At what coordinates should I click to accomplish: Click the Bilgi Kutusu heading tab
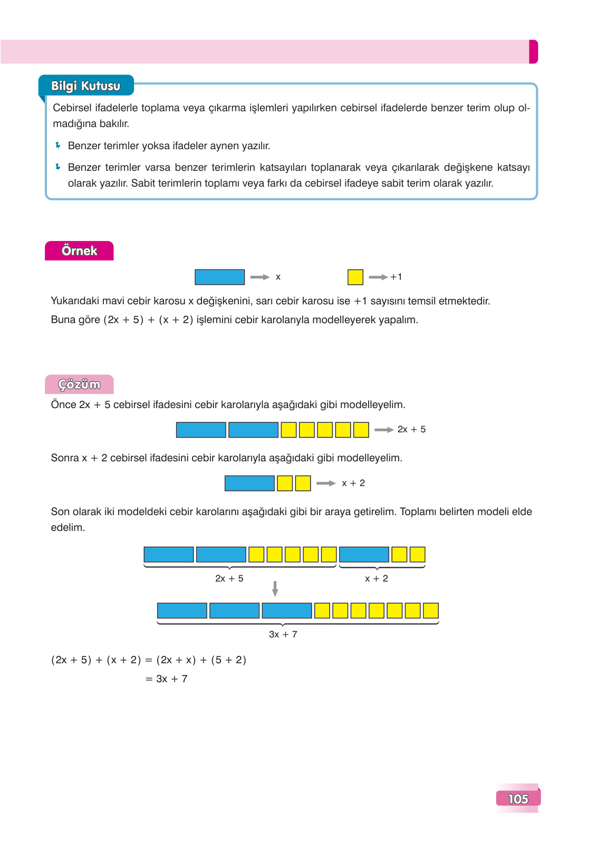(x=86, y=86)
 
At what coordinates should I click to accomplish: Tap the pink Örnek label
(x=79, y=251)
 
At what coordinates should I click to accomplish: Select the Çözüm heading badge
(x=79, y=384)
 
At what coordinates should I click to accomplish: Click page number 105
(x=518, y=799)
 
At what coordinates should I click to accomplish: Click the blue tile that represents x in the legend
(x=219, y=277)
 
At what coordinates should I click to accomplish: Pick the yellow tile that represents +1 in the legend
(x=355, y=277)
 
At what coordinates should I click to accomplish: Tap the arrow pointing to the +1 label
(x=378, y=277)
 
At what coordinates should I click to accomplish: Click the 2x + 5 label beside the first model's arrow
(x=411, y=430)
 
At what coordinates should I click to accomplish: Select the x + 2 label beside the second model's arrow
(x=353, y=483)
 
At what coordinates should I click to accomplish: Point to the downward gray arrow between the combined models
(x=275, y=588)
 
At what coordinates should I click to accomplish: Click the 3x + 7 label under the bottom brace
(x=283, y=634)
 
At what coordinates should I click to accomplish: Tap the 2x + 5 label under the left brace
(x=229, y=578)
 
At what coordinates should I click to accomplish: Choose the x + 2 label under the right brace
(x=377, y=578)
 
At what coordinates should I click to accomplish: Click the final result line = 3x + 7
(x=167, y=679)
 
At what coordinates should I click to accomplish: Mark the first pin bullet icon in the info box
(x=58, y=145)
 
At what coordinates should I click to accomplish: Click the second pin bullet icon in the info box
(x=58, y=167)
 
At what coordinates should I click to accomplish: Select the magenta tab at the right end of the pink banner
(x=533, y=52)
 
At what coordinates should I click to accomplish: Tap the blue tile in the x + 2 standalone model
(x=249, y=483)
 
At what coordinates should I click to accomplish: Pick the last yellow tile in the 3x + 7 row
(x=431, y=611)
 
